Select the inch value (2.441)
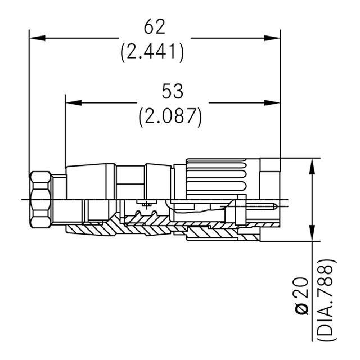point(152,52)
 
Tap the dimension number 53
point(173,91)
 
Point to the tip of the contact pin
point(276,206)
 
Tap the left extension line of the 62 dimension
point(29,101)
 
